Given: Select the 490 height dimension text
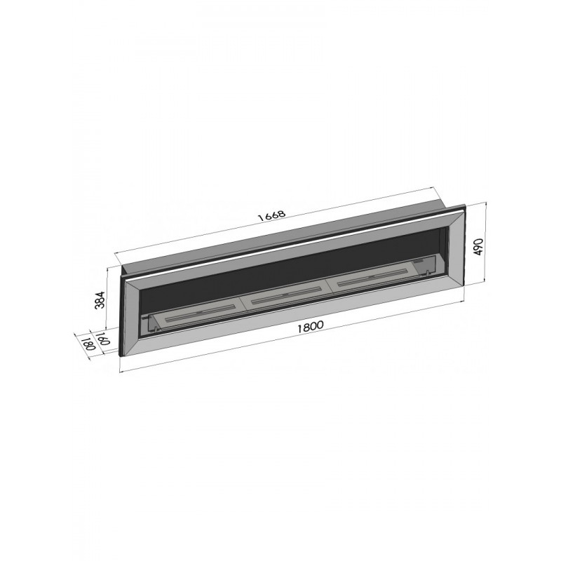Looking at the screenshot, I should click(x=479, y=247).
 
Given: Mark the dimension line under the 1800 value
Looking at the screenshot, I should click(x=295, y=340).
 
